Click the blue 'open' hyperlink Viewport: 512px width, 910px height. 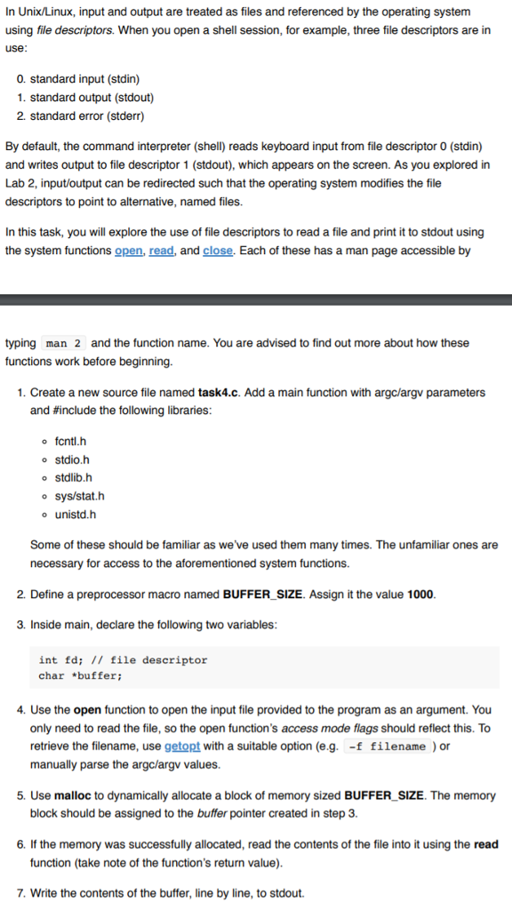pyautogui.click(x=128, y=251)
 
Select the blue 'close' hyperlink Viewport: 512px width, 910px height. pyautogui.click(x=218, y=251)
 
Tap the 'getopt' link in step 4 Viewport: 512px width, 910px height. pyautogui.click(x=183, y=746)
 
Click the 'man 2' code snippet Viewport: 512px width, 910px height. pyautogui.click(x=64, y=343)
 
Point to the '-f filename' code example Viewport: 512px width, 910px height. pyautogui.click(x=388, y=746)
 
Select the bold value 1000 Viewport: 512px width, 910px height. pyautogui.click(x=420, y=595)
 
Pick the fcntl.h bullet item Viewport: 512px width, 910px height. pyautogui.click(x=70, y=442)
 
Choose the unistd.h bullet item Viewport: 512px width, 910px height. pyautogui.click(x=75, y=514)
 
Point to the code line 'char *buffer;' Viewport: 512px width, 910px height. pyautogui.click(x=80, y=676)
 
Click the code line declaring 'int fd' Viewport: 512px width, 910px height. pyautogui.click(x=123, y=660)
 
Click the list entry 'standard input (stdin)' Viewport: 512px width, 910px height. pyautogui.click(x=84, y=79)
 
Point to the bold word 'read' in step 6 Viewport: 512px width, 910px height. pyautogui.click(x=486, y=844)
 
